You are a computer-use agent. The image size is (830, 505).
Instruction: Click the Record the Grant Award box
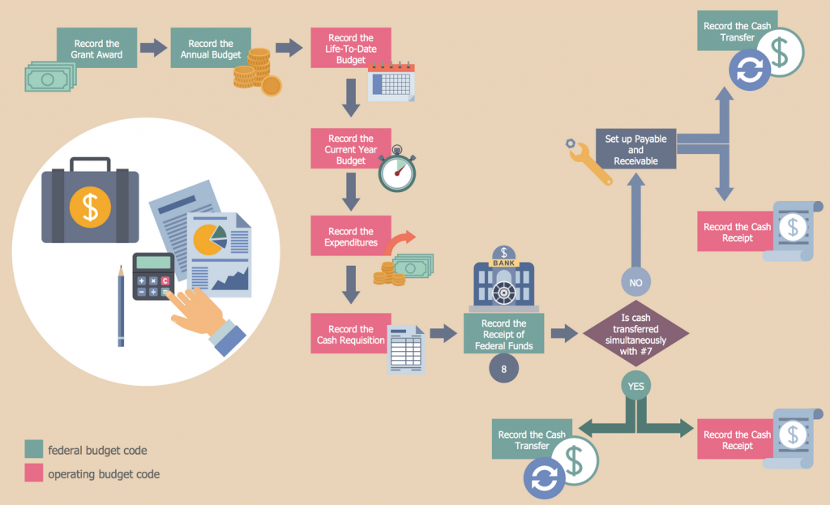tap(96, 49)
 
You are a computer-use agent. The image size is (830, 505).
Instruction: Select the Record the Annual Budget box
tap(211, 49)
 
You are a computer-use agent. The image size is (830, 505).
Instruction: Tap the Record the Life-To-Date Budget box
tap(351, 48)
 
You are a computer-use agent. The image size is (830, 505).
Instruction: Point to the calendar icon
tap(391, 83)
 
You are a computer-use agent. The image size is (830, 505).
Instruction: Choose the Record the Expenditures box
tap(351, 236)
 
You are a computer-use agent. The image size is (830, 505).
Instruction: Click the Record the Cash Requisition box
tap(351, 334)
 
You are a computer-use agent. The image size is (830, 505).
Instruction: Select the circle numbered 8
tap(504, 369)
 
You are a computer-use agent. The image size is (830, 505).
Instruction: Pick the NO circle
tap(636, 282)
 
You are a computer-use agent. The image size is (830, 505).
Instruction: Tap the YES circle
tap(636, 386)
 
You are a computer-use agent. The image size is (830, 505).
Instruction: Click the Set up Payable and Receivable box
tap(635, 149)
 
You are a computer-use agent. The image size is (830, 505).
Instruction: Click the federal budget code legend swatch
tap(34, 449)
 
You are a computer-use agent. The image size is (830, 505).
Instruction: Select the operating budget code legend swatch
tap(34, 473)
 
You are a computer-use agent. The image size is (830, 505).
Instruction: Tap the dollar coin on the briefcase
tap(90, 206)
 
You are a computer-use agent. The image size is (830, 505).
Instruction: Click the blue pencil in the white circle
tap(121, 308)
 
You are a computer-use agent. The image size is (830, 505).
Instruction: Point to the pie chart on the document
tap(209, 238)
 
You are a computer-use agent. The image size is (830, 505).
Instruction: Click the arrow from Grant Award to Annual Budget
tap(152, 48)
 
